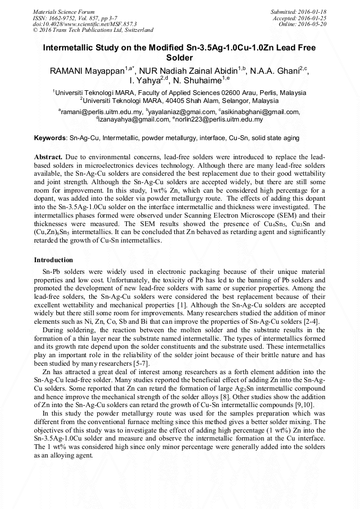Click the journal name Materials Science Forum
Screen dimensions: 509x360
pyautogui.click(x=64, y=11)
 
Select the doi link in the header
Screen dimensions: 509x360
pyautogui.click(x=84, y=24)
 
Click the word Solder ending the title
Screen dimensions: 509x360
pyautogui.click(x=179, y=57)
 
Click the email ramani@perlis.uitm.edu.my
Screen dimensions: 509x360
pyautogui.click(x=101, y=112)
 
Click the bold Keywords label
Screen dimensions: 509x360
pyautogui.click(x=51, y=138)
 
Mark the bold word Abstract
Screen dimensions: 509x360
pyautogui.click(x=49, y=158)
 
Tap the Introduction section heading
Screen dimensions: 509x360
pyautogui.click(x=54, y=260)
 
